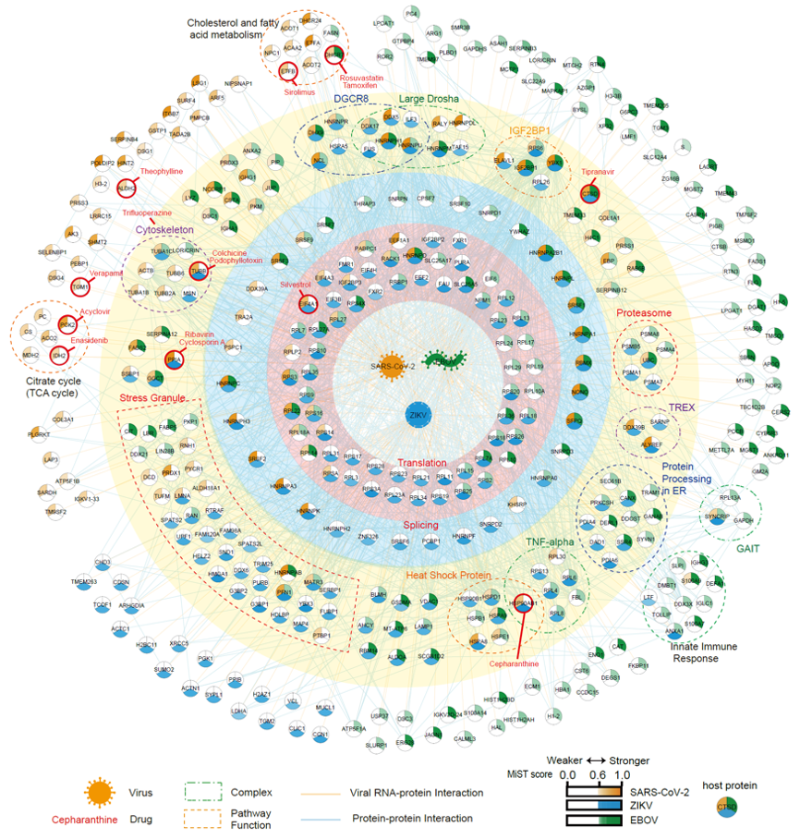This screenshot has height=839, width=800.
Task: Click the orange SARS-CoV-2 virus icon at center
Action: [x=389, y=362]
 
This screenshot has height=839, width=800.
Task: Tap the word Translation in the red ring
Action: [x=422, y=463]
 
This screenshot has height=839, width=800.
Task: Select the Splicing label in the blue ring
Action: [x=421, y=524]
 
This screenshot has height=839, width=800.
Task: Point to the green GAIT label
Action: [x=748, y=548]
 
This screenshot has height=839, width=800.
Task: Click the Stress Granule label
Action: [x=153, y=398]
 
